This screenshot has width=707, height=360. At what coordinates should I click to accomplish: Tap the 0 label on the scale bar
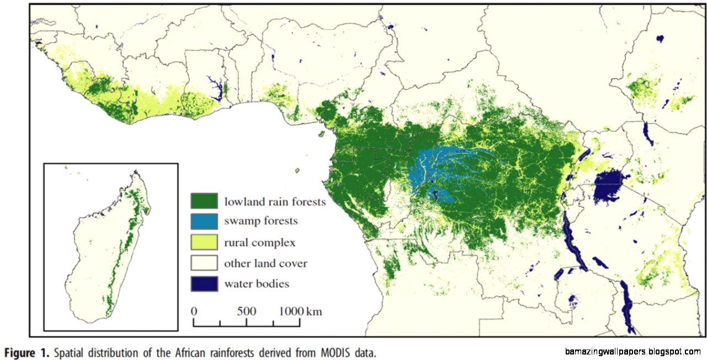coord(194,311)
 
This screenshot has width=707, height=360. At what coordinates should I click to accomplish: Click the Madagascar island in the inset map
coord(110,248)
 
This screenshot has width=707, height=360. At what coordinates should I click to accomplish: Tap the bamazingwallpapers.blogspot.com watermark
coord(632,352)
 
